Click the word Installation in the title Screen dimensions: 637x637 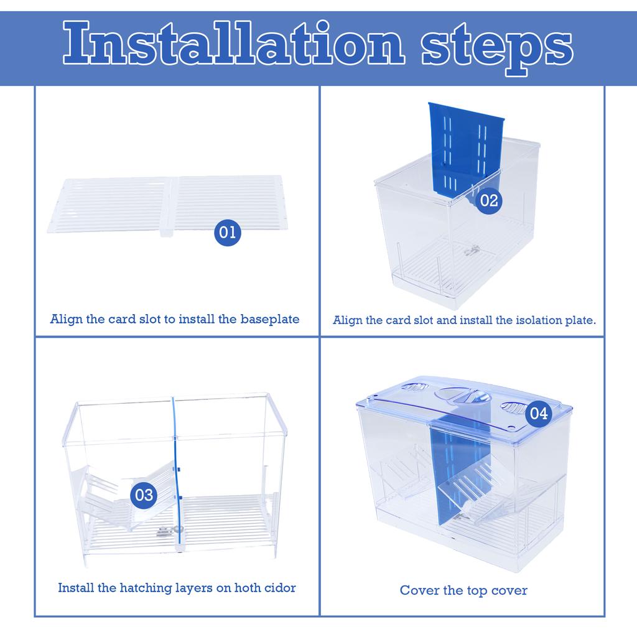tap(234, 44)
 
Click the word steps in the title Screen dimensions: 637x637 tap(497, 48)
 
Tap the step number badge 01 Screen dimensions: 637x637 tap(228, 233)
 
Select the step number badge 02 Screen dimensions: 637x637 tap(489, 200)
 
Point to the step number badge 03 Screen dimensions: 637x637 tap(144, 495)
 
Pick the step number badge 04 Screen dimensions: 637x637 tap(539, 414)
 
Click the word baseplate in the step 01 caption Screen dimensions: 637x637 tap(270, 319)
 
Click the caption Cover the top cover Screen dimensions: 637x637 tap(463, 590)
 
